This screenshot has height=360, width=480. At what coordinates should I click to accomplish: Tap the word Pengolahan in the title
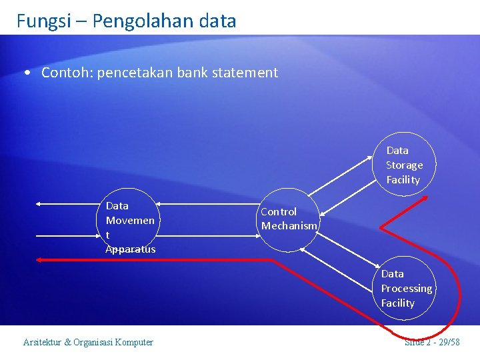point(141,21)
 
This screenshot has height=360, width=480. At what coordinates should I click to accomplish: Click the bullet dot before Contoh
point(25,73)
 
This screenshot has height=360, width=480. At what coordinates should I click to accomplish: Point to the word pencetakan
point(135,73)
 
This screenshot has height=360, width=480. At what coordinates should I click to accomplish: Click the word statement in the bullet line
point(245,73)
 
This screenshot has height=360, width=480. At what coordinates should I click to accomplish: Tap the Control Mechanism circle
point(289,219)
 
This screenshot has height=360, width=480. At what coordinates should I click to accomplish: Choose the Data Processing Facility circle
point(405,289)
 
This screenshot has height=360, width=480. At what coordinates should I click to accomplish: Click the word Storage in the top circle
point(404,165)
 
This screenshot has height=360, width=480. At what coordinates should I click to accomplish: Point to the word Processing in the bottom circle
point(406,289)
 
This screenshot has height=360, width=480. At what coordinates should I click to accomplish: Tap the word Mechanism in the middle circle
point(289,226)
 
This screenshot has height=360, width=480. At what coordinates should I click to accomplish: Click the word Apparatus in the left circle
point(130,249)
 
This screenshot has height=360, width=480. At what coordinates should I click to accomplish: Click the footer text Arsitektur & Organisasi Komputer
point(88,343)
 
